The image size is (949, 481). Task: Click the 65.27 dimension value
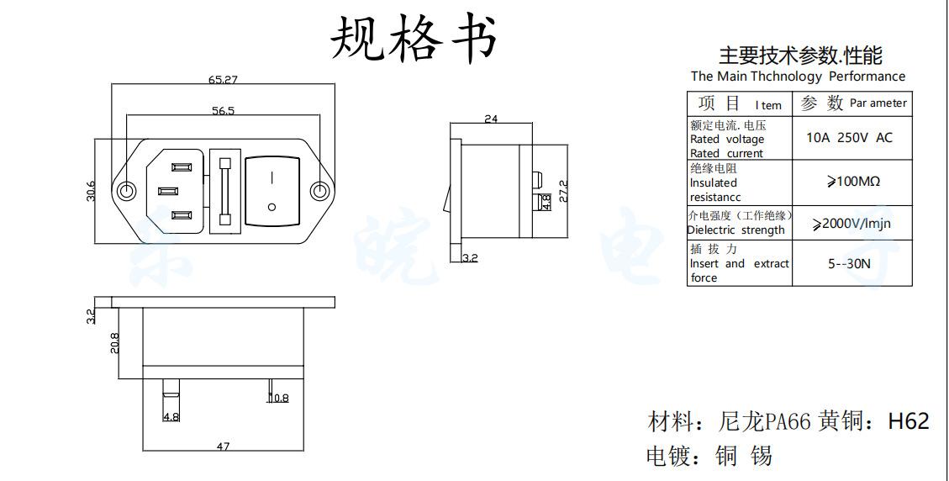click(223, 81)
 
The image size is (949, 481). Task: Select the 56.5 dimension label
click(223, 110)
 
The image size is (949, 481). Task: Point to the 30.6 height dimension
click(91, 192)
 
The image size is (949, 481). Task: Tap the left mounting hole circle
click(126, 192)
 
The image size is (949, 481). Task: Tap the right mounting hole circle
click(319, 192)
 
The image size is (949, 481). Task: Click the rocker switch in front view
click(272, 192)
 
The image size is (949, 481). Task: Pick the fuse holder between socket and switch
click(224, 192)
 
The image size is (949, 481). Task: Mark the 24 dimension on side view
click(491, 119)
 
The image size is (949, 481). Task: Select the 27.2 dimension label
click(563, 190)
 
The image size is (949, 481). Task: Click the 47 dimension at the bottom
click(223, 447)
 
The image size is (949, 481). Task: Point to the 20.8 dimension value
click(114, 343)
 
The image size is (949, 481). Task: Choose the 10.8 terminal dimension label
click(278, 398)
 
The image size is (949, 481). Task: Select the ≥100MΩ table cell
click(851, 181)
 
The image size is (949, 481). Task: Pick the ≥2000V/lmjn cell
click(851, 224)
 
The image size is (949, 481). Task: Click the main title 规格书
click(414, 39)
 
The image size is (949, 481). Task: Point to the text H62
click(909, 420)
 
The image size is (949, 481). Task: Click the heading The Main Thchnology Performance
click(798, 77)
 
